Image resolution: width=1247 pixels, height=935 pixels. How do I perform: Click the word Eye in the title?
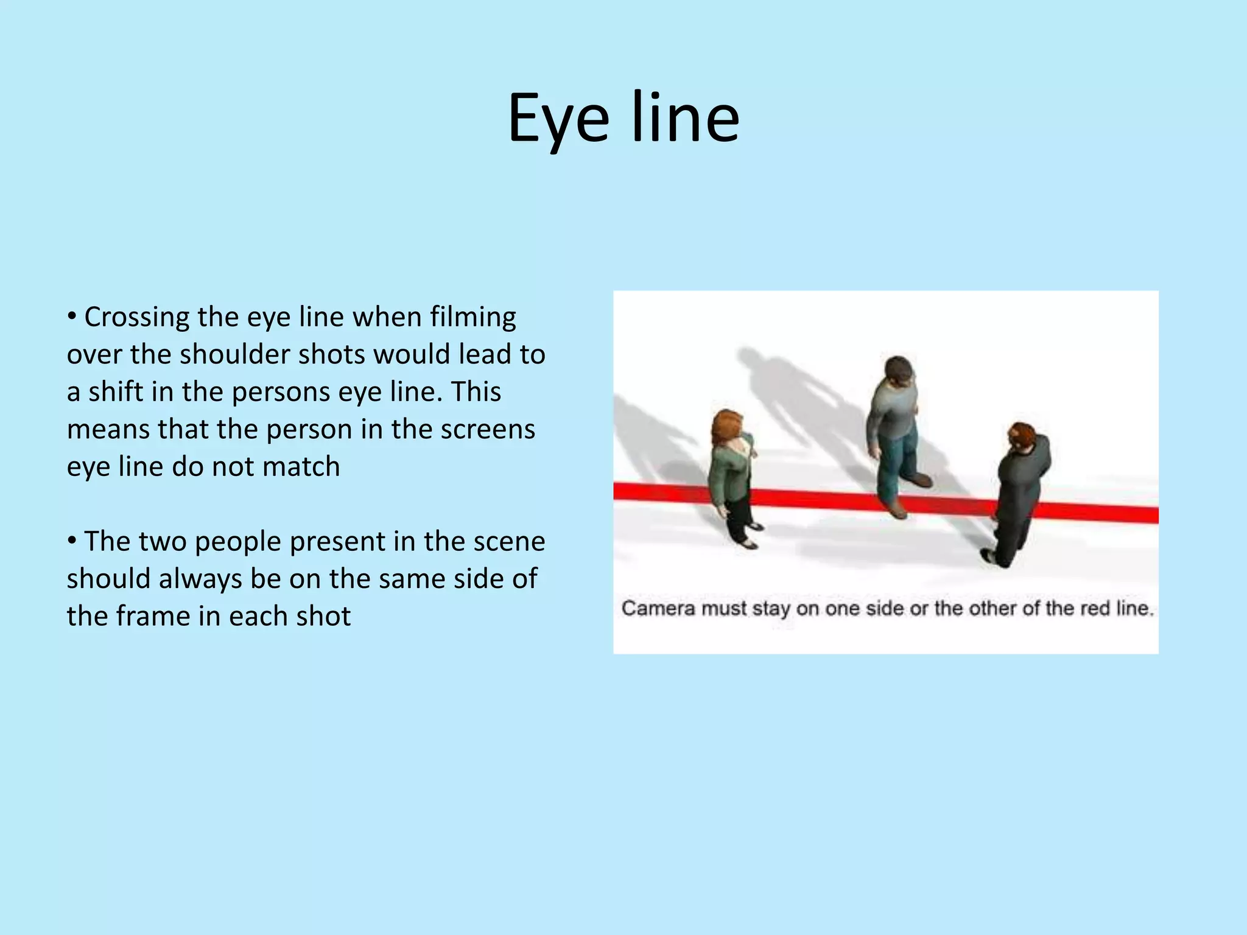point(558,119)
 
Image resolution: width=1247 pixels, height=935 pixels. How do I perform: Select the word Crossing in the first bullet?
point(137,318)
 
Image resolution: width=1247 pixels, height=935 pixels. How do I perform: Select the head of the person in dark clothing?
point(1021,436)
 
